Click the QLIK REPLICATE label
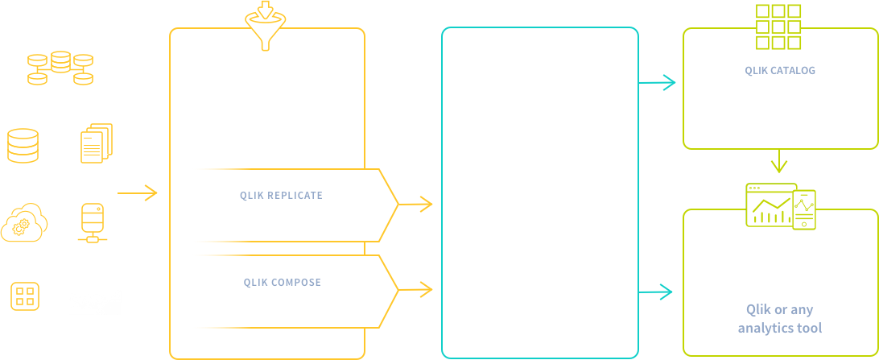click(x=282, y=196)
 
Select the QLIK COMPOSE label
click(x=283, y=283)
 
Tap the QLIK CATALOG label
click(x=780, y=71)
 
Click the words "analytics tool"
click(x=780, y=328)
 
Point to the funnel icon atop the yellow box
click(x=266, y=25)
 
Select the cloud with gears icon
click(x=24, y=222)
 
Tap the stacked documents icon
click(x=97, y=143)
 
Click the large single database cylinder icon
click(x=23, y=146)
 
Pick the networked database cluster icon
click(x=60, y=68)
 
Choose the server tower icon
click(x=93, y=223)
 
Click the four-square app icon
click(x=25, y=296)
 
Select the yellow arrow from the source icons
click(x=137, y=193)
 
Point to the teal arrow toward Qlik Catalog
click(x=657, y=83)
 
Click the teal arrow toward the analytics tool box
click(x=655, y=292)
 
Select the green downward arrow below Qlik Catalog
click(x=779, y=161)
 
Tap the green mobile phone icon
click(x=804, y=209)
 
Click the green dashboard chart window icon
click(x=771, y=205)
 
